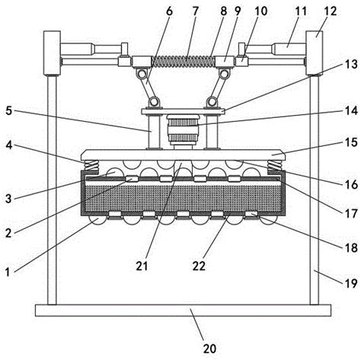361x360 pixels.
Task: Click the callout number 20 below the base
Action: point(209,349)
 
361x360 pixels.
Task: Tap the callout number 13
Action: point(351,64)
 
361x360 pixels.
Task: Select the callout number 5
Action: point(9,110)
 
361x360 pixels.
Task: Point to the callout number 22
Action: point(199,266)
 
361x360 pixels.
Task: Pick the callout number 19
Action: point(351,283)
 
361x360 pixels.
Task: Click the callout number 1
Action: point(8,272)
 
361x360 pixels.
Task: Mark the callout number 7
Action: point(195,11)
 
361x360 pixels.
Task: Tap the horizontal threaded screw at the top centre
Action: point(184,62)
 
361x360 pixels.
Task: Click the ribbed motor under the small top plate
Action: point(183,130)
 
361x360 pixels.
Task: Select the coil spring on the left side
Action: point(91,166)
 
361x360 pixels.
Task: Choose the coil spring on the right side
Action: point(275,166)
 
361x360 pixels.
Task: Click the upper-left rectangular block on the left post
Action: point(52,53)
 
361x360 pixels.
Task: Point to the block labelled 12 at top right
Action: point(315,53)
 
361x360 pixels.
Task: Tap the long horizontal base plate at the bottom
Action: point(183,311)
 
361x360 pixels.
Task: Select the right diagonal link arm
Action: point(218,88)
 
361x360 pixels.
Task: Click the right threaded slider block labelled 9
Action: point(225,62)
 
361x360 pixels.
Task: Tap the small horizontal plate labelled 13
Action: point(183,111)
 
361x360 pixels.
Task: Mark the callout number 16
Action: point(351,184)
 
